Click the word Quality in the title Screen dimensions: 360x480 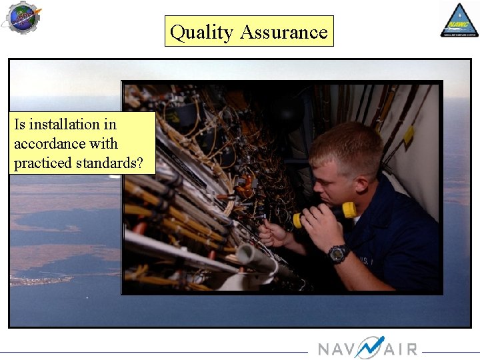pos(201,32)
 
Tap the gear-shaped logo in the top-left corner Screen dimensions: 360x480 pos(21,17)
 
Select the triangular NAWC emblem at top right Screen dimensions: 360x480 pos(459,21)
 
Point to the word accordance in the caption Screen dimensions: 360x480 pos(65,143)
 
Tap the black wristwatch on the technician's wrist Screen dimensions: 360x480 pos(338,253)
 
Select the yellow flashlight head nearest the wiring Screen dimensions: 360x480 pos(297,221)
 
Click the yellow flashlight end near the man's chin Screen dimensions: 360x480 pos(349,210)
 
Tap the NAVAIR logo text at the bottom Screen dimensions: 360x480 pos(367,349)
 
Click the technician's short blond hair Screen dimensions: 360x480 pos(347,143)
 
